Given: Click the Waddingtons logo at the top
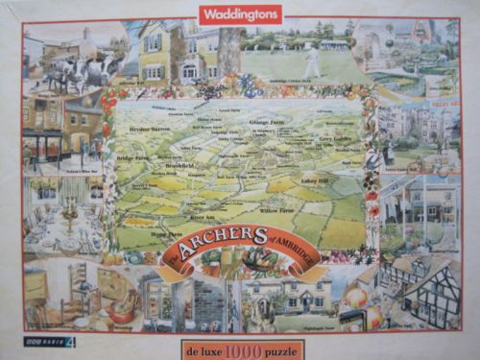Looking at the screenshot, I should [240, 13].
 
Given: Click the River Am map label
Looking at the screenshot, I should [159, 215].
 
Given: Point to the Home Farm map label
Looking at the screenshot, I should [166, 232].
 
